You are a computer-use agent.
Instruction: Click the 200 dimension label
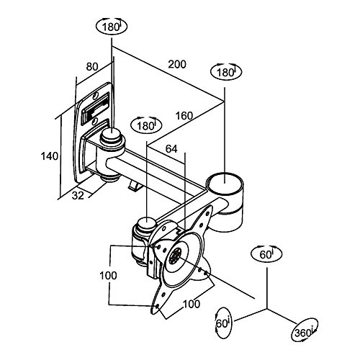[x=177, y=64]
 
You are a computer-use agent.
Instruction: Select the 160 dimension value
[x=184, y=116]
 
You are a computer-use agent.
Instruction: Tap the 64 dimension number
[x=171, y=149]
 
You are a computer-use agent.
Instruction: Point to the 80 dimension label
[x=92, y=67]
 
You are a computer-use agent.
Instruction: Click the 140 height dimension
[x=49, y=156]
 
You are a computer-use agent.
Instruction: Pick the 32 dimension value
[x=78, y=196]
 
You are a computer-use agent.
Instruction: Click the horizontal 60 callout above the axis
[x=266, y=254]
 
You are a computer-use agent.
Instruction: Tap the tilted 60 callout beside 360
[x=222, y=323]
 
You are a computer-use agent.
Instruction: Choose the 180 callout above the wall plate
[x=112, y=27]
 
